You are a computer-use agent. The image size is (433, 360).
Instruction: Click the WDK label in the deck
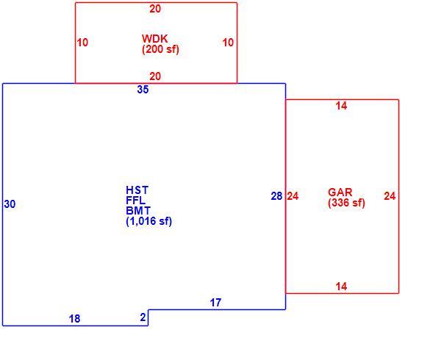154,39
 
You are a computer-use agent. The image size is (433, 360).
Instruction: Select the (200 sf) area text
160,50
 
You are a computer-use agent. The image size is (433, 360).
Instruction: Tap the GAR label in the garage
340,192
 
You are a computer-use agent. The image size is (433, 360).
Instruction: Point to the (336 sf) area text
346,203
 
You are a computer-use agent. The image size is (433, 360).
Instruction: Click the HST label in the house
137,190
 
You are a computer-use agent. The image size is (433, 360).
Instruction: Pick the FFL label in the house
135,201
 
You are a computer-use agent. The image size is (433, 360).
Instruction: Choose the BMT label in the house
138,211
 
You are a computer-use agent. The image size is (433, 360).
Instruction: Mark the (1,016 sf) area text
148,221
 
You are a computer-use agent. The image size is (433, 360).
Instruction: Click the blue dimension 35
143,90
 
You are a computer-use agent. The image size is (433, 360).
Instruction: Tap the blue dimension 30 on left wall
10,204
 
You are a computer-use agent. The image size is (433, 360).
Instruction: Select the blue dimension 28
276,196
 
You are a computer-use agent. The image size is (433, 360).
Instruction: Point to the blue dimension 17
215,303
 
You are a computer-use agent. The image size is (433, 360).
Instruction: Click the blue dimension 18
74,319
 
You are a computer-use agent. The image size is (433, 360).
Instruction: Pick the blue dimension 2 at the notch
143,317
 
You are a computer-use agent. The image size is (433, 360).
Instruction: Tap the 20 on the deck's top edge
155,9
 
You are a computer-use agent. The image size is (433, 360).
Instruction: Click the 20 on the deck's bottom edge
155,76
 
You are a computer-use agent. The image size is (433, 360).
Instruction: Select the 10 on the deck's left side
82,43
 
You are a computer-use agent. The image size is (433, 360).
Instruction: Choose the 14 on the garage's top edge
341,106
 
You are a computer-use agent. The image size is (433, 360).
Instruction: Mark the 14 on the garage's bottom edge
341,287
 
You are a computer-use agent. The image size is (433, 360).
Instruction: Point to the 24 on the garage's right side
390,196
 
